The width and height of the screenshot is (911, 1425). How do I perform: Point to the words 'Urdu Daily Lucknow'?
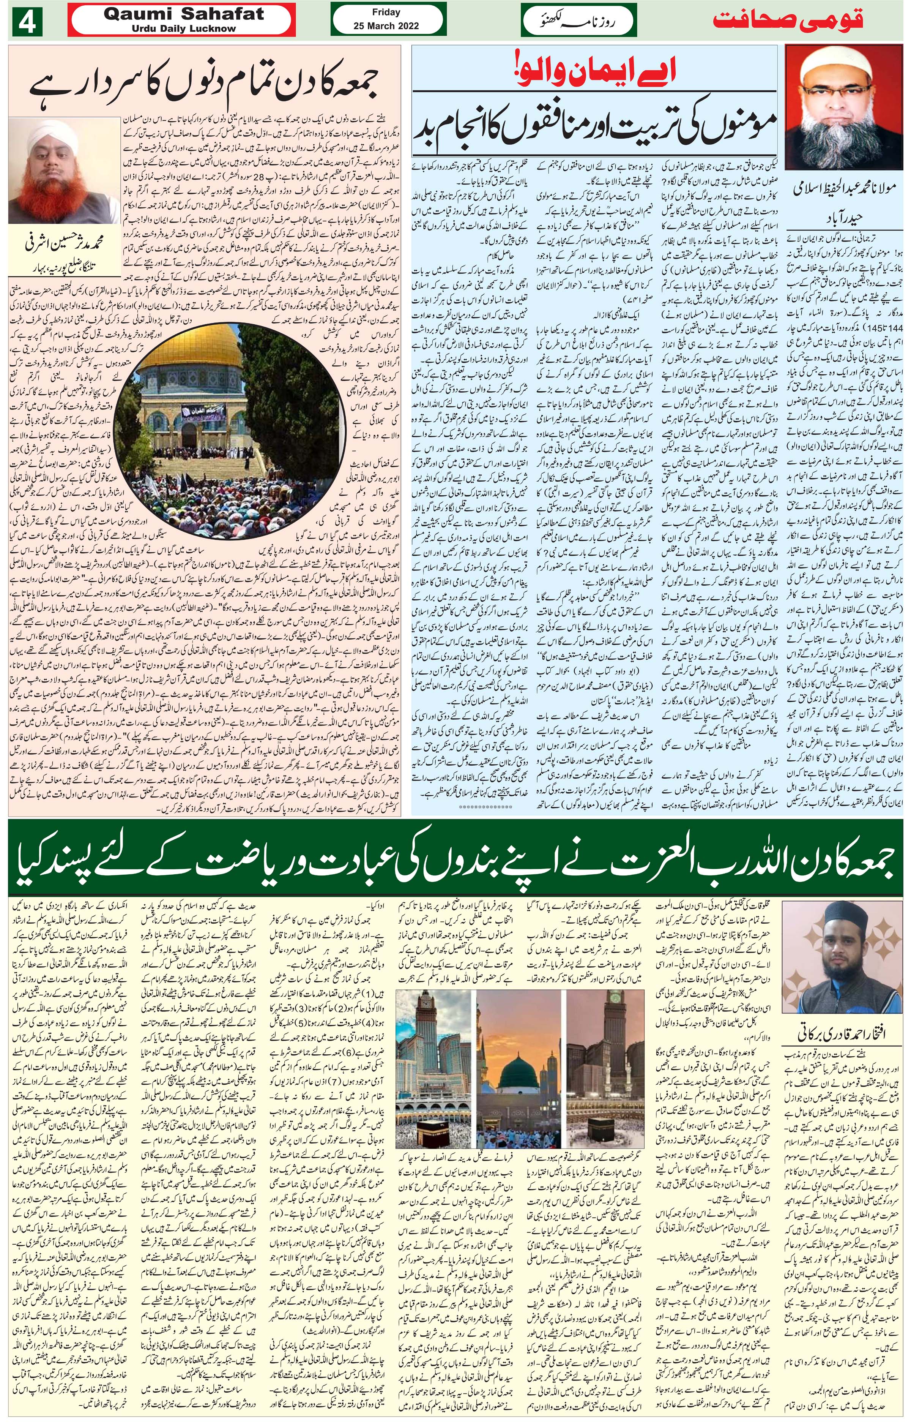(x=183, y=28)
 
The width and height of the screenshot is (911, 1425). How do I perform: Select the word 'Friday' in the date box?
(x=386, y=12)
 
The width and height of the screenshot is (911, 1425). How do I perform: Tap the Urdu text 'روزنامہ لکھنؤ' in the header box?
(x=578, y=22)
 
